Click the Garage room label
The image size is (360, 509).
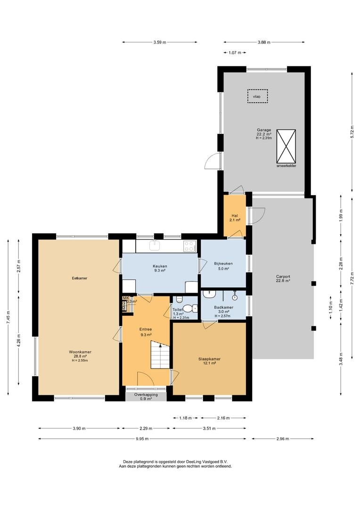tap(264, 130)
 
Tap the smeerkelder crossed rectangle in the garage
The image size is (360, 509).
tap(286, 147)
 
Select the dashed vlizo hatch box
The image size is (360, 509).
tap(257, 97)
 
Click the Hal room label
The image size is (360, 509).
tap(235, 216)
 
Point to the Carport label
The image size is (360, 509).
tap(283, 277)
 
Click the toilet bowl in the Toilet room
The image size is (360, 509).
tap(189, 308)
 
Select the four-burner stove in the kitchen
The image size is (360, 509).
tap(189, 246)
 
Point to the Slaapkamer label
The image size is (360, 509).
tap(209, 359)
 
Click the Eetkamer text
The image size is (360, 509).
tap(80, 278)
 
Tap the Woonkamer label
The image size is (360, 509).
tap(80, 352)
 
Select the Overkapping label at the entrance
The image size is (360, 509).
tap(146, 395)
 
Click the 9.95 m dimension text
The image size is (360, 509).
tap(142, 439)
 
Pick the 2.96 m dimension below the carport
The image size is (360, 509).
tap(282, 439)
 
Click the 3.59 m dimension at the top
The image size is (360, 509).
tap(160, 42)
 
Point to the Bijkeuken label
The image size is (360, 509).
tap(223, 263)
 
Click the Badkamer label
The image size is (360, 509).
tap(224, 307)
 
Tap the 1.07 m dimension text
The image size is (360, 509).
tap(235, 53)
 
